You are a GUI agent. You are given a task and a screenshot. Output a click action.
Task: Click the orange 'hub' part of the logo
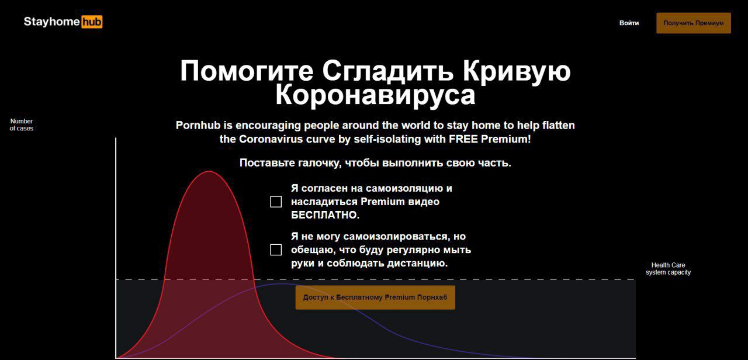pos(92,22)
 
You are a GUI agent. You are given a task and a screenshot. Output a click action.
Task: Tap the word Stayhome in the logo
pos(52,22)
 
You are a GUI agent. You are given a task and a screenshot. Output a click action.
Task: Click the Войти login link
pos(629,23)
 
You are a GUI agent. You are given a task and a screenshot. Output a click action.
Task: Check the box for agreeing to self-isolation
pos(276,202)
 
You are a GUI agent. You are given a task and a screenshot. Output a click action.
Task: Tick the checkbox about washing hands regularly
pos(276,250)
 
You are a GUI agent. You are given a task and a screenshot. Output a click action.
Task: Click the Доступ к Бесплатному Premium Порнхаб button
pos(375,297)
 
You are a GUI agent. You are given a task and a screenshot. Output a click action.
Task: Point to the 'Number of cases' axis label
pos(22,124)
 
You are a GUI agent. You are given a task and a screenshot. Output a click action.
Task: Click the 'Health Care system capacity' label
pos(668,269)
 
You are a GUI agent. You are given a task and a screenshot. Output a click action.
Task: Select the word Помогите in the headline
pos(247,71)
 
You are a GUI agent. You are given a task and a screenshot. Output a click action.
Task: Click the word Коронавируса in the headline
pos(375,95)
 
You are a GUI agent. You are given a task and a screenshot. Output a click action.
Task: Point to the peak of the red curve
pos(209,171)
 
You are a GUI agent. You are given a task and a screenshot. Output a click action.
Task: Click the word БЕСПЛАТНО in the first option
pos(324,215)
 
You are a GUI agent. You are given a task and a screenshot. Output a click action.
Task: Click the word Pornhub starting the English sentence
pos(198,125)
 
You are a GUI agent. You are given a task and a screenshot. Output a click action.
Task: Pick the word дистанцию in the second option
pos(417,264)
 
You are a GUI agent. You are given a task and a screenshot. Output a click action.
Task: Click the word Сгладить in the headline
pos(388,72)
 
